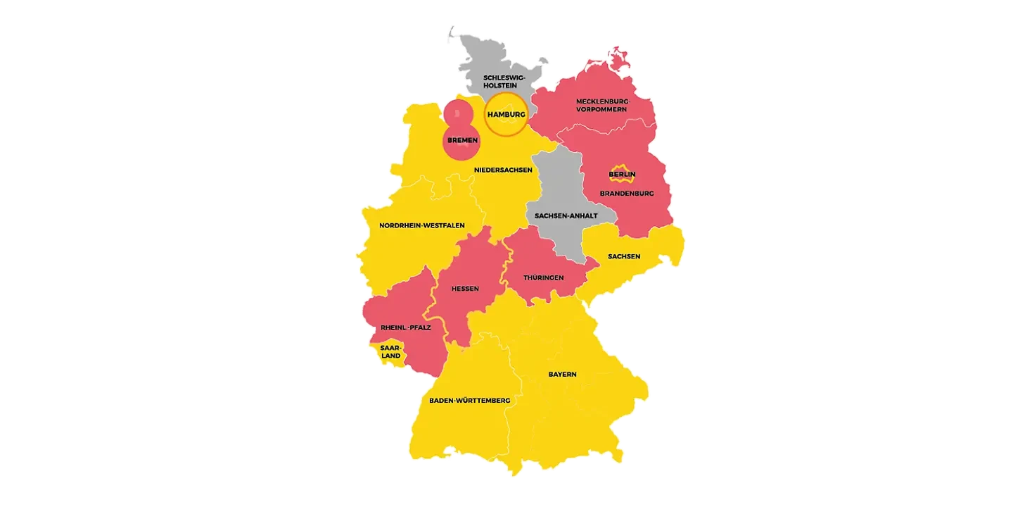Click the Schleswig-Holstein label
tap(504, 82)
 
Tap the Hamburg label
tap(507, 114)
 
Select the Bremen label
tap(462, 140)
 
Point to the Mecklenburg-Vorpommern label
tap(602, 105)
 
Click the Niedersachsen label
tap(503, 169)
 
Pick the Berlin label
tap(622, 174)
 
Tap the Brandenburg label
tap(627, 193)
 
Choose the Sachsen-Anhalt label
tap(566, 215)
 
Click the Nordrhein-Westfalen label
tap(412, 225)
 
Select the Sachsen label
tap(624, 256)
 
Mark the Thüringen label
tap(543, 277)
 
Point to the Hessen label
tap(465, 289)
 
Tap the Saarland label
tap(390, 351)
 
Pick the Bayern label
tap(562, 374)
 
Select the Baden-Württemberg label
tap(469, 400)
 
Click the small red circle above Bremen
tap(457, 112)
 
